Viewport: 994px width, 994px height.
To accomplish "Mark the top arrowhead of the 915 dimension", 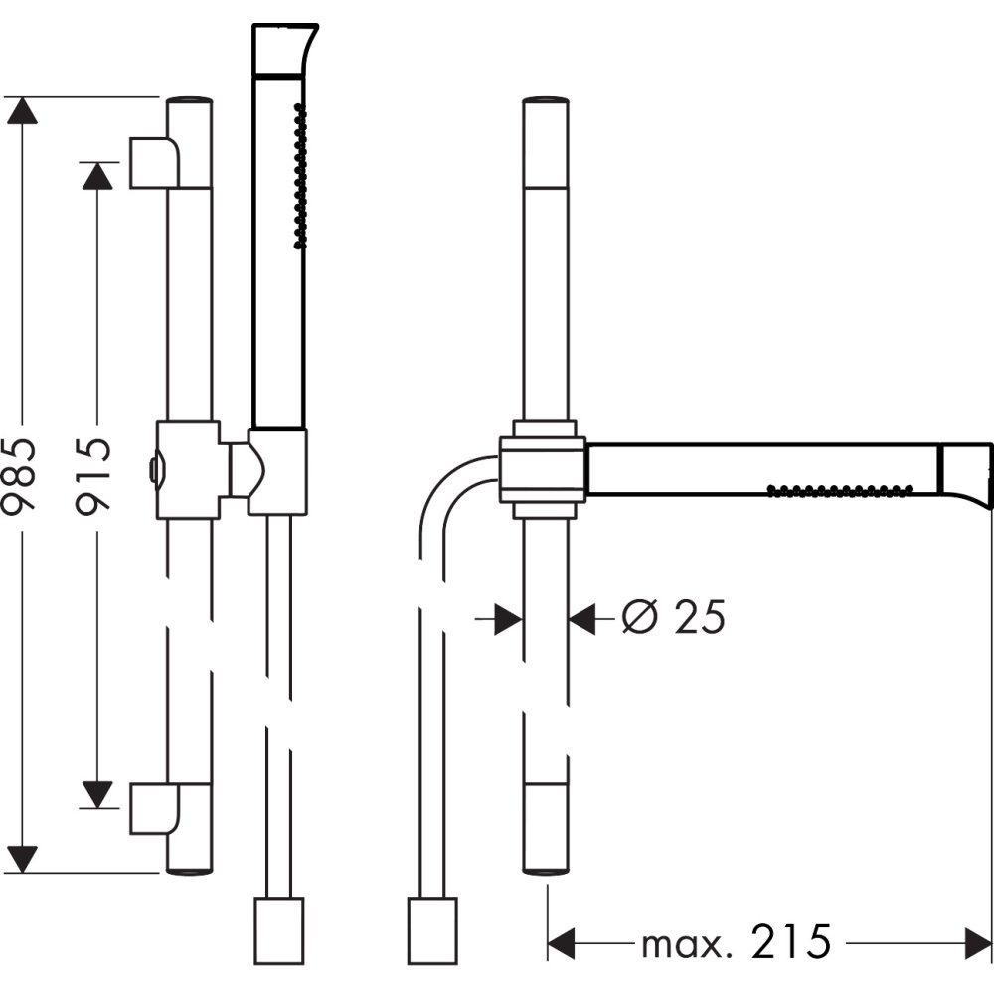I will tap(96, 175).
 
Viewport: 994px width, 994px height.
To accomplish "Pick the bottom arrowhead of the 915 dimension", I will tap(96, 793).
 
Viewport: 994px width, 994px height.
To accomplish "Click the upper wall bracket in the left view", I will tap(155, 162).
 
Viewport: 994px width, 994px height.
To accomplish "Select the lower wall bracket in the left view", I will tap(155, 808).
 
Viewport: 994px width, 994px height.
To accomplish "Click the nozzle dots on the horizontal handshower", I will tap(840, 487).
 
